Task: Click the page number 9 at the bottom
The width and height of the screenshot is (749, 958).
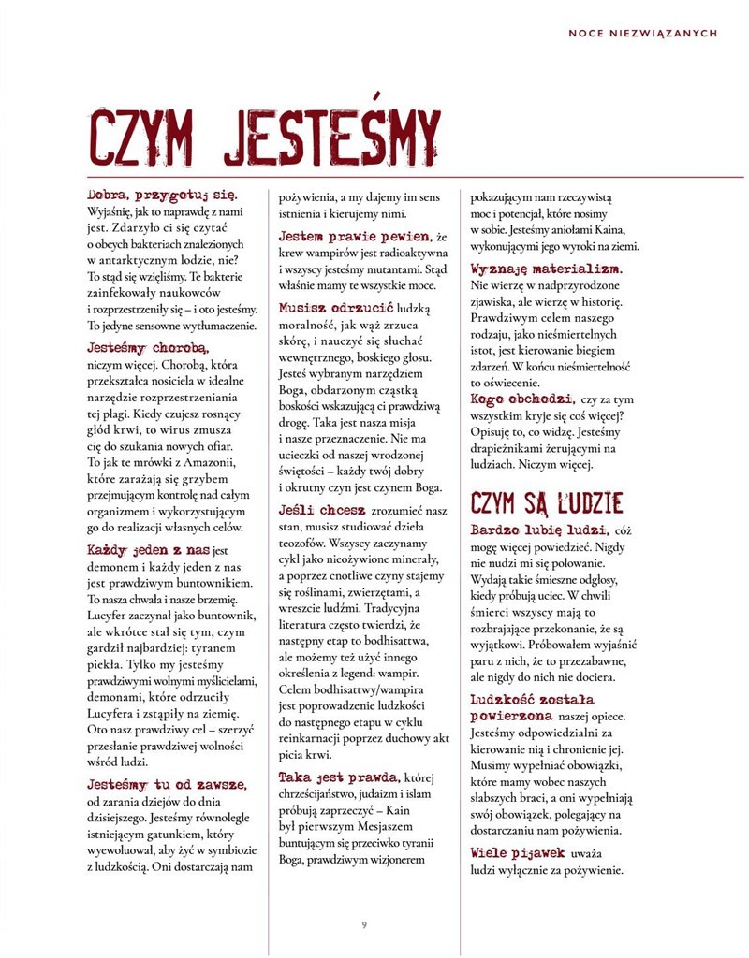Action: click(x=364, y=925)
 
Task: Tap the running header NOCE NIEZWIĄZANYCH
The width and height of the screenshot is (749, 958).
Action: click(x=642, y=33)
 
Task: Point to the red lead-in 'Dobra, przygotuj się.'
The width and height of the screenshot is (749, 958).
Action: click(x=162, y=195)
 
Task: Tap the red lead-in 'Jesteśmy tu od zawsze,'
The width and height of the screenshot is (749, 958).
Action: click(x=167, y=784)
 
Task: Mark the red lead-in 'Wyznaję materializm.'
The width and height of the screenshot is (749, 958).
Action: click(x=547, y=269)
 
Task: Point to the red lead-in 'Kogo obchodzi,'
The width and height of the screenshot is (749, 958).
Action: click(x=521, y=398)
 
